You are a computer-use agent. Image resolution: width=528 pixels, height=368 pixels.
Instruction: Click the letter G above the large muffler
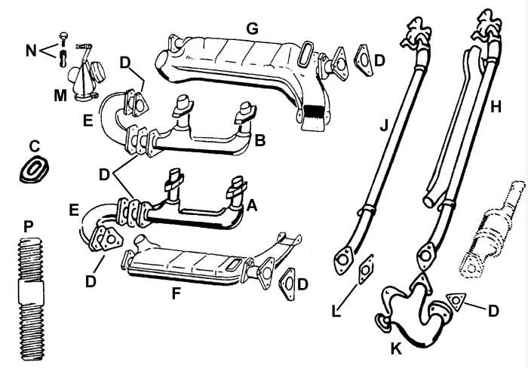coord(252,29)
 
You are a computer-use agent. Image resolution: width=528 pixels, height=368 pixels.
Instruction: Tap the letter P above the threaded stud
coord(29,227)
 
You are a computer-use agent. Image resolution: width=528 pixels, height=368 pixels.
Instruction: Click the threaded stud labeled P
coord(32,299)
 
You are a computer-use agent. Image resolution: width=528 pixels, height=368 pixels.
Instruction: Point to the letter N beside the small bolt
coord(31,51)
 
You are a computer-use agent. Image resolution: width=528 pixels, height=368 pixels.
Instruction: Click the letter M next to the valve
coord(60,95)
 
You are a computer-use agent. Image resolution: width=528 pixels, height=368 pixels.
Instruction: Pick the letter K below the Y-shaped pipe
coord(396,348)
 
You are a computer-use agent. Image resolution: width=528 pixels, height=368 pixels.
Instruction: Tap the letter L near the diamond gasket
coord(336,311)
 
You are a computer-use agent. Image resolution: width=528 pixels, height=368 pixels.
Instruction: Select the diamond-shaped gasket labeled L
coord(366,268)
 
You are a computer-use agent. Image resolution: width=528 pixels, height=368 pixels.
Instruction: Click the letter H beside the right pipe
coord(496,107)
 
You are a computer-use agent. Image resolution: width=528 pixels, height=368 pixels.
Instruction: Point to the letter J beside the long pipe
coord(384,125)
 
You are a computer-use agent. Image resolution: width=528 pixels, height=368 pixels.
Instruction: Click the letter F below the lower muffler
coord(176,293)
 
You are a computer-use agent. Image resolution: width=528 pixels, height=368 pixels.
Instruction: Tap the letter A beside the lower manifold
coord(252,205)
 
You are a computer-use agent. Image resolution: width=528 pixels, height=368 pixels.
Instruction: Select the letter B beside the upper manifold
coord(260,140)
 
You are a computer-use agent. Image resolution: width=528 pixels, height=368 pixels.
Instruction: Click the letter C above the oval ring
coord(35,146)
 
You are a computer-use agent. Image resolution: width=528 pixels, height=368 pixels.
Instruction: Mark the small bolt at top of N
coord(63,38)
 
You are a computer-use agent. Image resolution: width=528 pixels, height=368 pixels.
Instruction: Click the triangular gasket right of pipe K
coord(456,301)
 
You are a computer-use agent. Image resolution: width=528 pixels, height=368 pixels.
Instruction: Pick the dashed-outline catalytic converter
coord(493,231)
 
